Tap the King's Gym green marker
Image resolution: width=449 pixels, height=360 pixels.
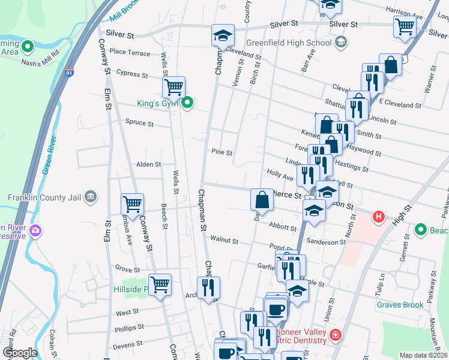[x=187, y=103]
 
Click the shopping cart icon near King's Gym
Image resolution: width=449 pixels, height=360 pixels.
[x=173, y=88]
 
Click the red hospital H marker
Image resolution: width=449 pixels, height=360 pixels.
[x=378, y=217]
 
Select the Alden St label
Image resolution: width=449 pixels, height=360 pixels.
[x=148, y=164]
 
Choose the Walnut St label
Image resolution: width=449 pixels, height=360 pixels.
[x=224, y=241]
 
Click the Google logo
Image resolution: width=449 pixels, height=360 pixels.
[x=20, y=353]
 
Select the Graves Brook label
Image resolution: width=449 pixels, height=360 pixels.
[x=400, y=305]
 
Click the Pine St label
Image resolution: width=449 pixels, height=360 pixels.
[x=221, y=152]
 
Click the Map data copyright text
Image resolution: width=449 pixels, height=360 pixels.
[x=424, y=355]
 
